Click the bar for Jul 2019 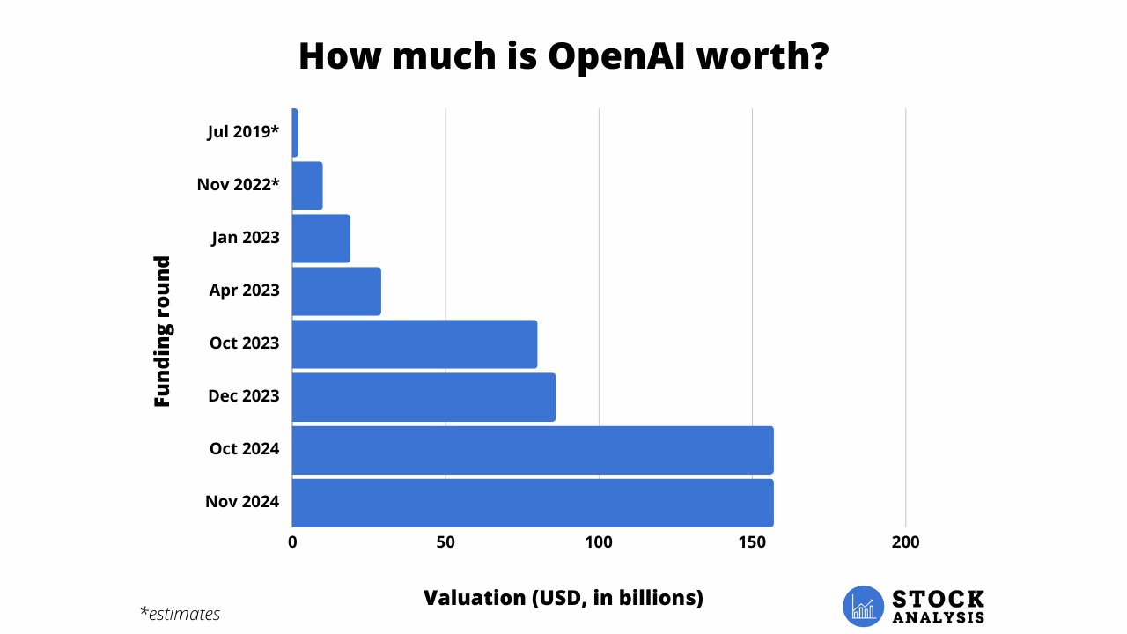pyautogui.click(x=295, y=133)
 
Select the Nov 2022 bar pyautogui.click(x=307, y=186)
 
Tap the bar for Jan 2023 pyautogui.click(x=320, y=239)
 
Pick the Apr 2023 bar pyautogui.click(x=336, y=291)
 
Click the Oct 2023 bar pyautogui.click(x=414, y=344)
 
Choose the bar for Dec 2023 pyautogui.click(x=424, y=397)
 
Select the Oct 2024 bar pyautogui.click(x=533, y=450)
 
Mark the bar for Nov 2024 pyautogui.click(x=533, y=503)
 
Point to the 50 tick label pyautogui.click(x=446, y=542)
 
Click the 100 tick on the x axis pyautogui.click(x=599, y=542)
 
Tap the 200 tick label pyautogui.click(x=905, y=542)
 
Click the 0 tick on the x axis pyautogui.click(x=292, y=542)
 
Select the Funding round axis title pyautogui.click(x=162, y=331)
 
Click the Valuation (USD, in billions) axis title pyautogui.click(x=563, y=598)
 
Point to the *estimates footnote pyautogui.click(x=180, y=614)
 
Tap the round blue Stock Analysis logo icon pyautogui.click(x=863, y=606)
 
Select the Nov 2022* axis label pyautogui.click(x=238, y=185)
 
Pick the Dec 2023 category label pyautogui.click(x=244, y=396)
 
